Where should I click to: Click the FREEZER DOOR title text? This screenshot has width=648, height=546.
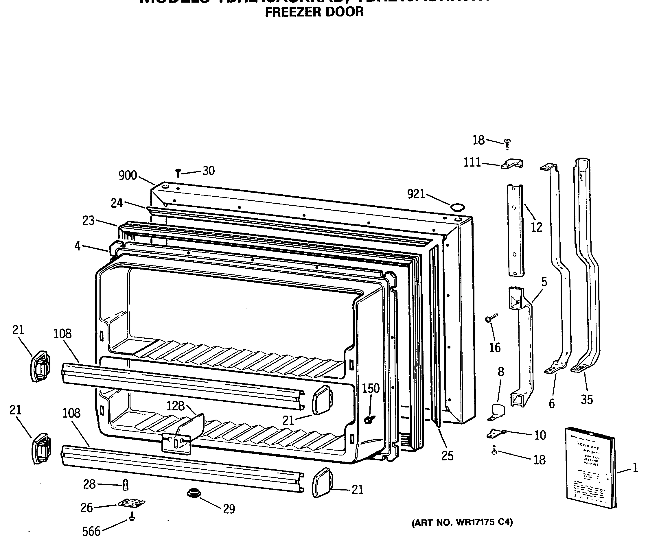pyautogui.click(x=314, y=12)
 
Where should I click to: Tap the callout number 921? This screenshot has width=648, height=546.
pyautogui.click(x=416, y=194)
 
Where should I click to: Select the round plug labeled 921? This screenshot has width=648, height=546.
pyautogui.click(x=457, y=207)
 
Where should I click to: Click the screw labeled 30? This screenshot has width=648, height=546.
pyautogui.click(x=178, y=173)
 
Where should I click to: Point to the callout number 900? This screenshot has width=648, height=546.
pyautogui.click(x=128, y=176)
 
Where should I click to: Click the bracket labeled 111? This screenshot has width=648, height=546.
pyautogui.click(x=512, y=164)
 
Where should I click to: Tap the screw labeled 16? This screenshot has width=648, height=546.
pyautogui.click(x=491, y=318)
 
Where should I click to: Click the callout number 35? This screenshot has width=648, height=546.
pyautogui.click(x=586, y=400)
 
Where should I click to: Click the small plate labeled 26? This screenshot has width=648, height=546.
pyautogui.click(x=132, y=503)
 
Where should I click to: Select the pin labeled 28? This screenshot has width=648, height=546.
pyautogui.click(x=125, y=484)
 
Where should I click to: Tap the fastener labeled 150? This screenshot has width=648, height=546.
pyautogui.click(x=369, y=420)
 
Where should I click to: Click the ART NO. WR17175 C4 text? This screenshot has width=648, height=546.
pyautogui.click(x=462, y=522)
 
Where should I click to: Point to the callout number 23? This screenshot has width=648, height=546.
pyautogui.click(x=88, y=221)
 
